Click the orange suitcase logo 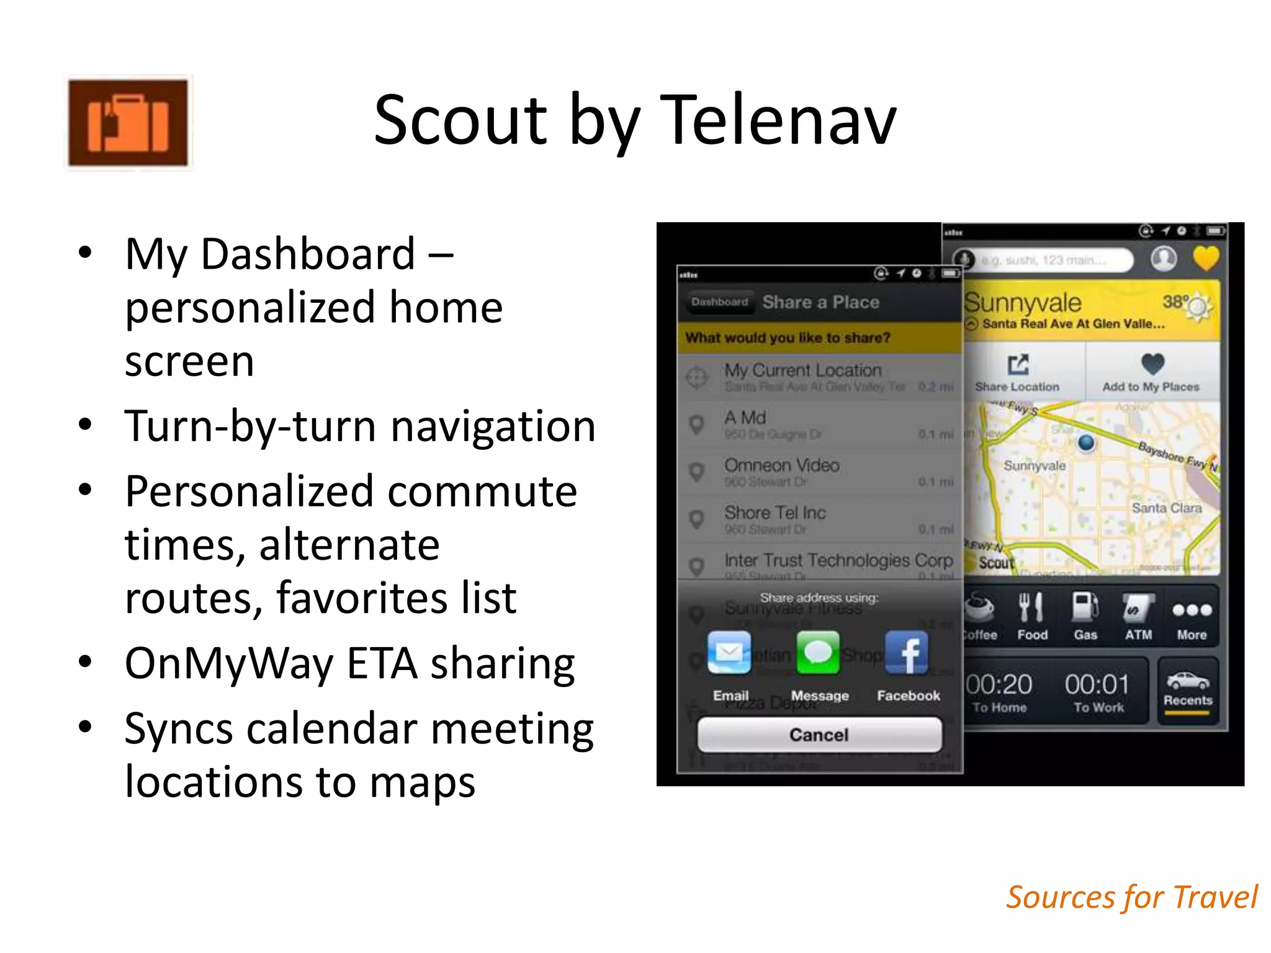pyautogui.click(x=128, y=122)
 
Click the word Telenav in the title pyautogui.click(x=778, y=120)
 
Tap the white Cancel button pyautogui.click(x=819, y=735)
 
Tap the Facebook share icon pyautogui.click(x=907, y=653)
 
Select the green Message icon pyautogui.click(x=818, y=653)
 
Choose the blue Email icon pyautogui.click(x=729, y=653)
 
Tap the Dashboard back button pyautogui.click(x=720, y=302)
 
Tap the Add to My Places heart pyautogui.click(x=1152, y=364)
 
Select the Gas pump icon pyautogui.click(x=1085, y=608)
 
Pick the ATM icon pyautogui.click(x=1138, y=608)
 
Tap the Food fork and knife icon pyautogui.click(x=1031, y=608)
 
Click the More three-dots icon pyautogui.click(x=1192, y=611)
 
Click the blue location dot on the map pyautogui.click(x=1086, y=443)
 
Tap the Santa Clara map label pyautogui.click(x=1167, y=508)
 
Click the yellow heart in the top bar pyautogui.click(x=1205, y=258)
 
